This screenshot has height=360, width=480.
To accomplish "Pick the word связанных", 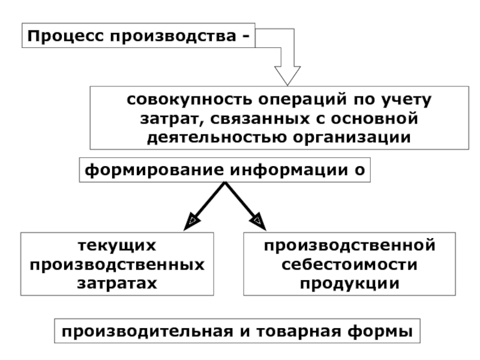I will (256, 118).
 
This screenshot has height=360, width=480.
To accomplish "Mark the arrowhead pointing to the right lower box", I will (259, 222).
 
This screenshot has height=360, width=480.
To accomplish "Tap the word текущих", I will (118, 246).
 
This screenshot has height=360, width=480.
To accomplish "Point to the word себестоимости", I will (349, 264).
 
